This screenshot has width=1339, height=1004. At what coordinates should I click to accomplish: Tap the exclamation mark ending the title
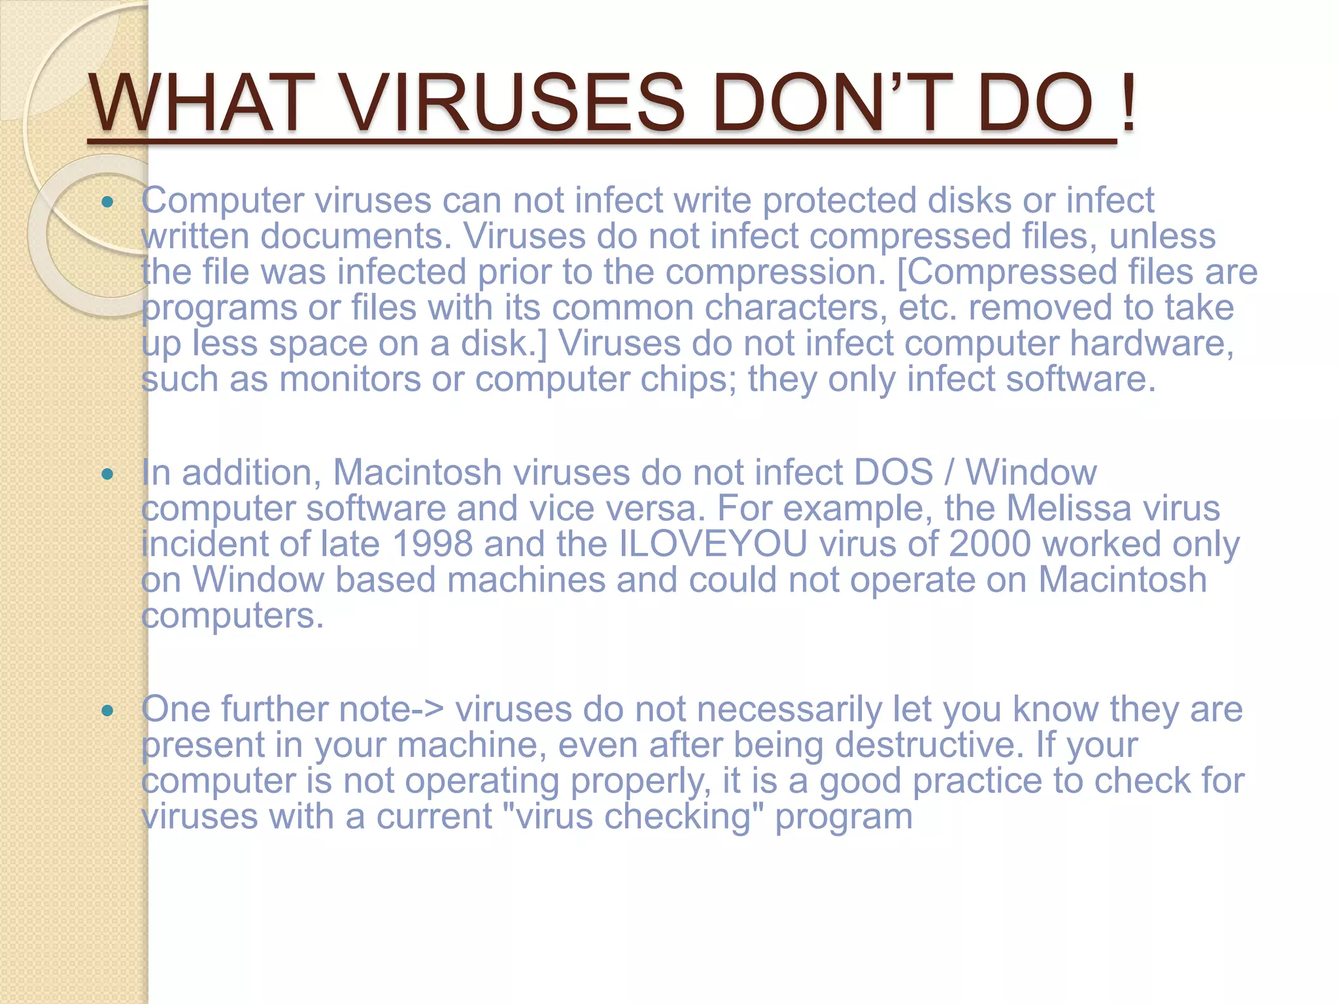(1128, 103)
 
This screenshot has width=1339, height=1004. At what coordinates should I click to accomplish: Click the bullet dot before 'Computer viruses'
(108, 202)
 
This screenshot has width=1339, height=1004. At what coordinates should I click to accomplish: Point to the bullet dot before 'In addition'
(108, 474)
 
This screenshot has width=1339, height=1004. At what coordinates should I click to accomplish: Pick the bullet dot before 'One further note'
(108, 711)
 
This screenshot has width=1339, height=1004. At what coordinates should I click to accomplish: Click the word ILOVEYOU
(713, 544)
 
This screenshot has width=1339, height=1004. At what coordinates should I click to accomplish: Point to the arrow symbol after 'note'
(429, 709)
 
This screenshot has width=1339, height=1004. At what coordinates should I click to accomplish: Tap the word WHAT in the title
(199, 103)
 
